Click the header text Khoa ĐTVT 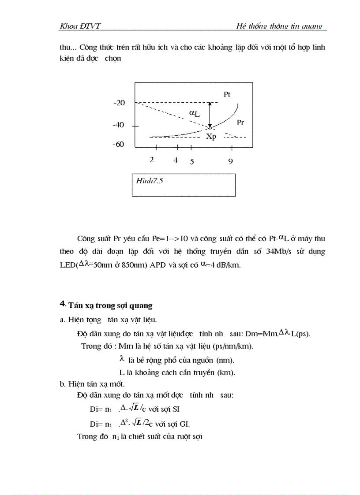tap(80, 26)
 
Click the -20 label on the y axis tap(119, 103)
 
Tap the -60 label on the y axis tap(119, 145)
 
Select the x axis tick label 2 tap(152, 160)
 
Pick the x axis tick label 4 tap(176, 160)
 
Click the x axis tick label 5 tap(192, 161)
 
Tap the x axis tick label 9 tap(230, 161)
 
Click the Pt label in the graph tap(227, 94)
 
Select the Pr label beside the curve tap(240, 123)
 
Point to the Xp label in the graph tap(211, 137)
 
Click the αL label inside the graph tap(195, 113)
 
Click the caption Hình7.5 tap(150, 181)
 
